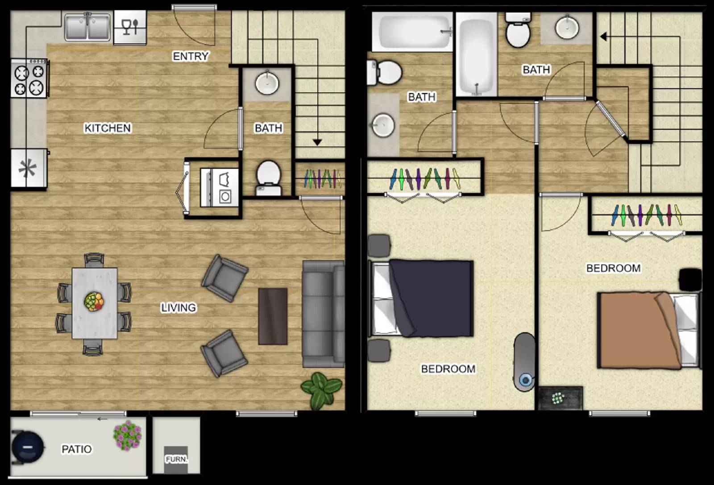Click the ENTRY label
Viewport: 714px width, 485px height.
[191, 56]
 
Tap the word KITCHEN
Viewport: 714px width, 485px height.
[108, 128]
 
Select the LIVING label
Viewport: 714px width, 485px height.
[178, 307]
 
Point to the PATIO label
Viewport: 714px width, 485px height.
[77, 449]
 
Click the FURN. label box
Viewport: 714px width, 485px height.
[176, 459]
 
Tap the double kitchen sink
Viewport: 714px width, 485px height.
[87, 27]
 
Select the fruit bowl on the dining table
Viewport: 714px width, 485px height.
[94, 302]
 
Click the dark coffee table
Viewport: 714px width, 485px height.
[273, 316]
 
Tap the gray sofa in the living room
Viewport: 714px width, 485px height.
[323, 314]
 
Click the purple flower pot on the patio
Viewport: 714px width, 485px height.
[127, 435]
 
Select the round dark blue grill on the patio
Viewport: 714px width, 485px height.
[28, 446]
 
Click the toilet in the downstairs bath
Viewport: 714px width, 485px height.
[268, 177]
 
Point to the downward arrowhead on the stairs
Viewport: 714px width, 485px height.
[317, 142]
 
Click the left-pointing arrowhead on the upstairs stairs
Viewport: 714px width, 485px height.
[603, 37]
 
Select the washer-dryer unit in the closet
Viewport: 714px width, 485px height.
[219, 187]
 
